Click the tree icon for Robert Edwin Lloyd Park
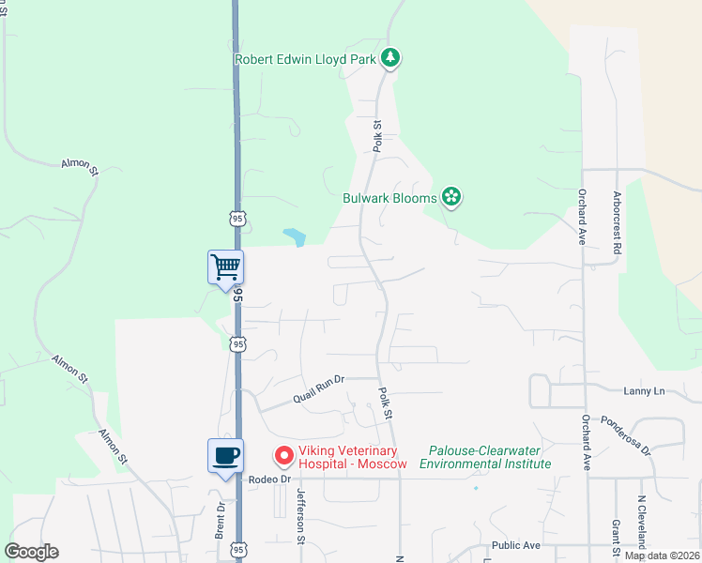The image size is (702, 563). pyautogui.click(x=391, y=59)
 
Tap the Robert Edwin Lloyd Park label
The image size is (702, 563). pyautogui.click(x=305, y=59)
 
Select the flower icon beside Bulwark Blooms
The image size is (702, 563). pyautogui.click(x=451, y=197)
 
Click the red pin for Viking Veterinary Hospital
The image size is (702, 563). pyautogui.click(x=282, y=456)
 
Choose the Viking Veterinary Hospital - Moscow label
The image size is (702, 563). pyautogui.click(x=353, y=457)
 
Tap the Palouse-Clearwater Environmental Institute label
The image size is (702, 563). pyautogui.click(x=485, y=457)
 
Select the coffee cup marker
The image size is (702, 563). pyautogui.click(x=225, y=456)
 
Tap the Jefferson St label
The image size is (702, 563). pyautogui.click(x=301, y=516)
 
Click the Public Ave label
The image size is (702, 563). pyautogui.click(x=516, y=545)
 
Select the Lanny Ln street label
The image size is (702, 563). pyautogui.click(x=643, y=390)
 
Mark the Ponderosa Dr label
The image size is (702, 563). pyautogui.click(x=626, y=435)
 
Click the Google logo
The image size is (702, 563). pyautogui.click(x=31, y=552)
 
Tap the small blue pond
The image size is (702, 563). pyautogui.click(x=295, y=237)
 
